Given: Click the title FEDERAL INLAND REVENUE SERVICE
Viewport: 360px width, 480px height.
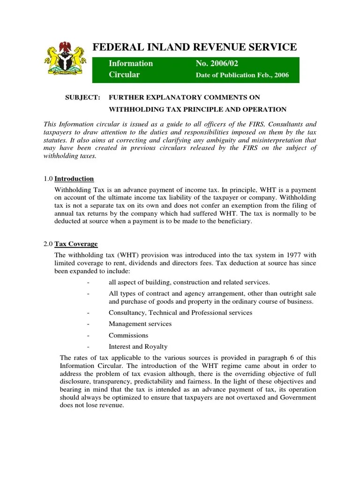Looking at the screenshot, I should point(195,47).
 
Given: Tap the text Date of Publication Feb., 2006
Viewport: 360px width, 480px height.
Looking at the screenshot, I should point(242,75).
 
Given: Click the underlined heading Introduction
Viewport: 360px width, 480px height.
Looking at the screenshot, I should point(74,179).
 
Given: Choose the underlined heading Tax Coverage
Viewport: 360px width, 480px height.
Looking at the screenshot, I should point(76,244).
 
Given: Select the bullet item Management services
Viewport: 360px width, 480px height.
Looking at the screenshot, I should point(140,324).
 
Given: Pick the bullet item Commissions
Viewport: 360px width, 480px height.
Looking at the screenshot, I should point(128,336).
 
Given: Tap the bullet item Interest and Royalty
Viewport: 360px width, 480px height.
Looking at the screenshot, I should point(138,347).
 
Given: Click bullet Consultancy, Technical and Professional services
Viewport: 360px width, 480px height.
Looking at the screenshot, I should point(180,312).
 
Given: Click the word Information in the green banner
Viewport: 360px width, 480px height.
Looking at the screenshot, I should point(131,63).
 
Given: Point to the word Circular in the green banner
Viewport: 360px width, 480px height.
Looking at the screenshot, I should point(124,75).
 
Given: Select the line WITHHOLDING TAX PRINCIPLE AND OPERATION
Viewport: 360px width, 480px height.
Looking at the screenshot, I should point(197,109).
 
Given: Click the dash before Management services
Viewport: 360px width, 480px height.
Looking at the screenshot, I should point(88,324).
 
